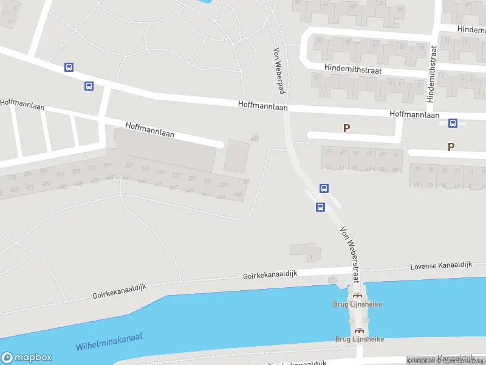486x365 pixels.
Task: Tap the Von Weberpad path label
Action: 279,67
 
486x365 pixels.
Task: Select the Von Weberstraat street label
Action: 351,253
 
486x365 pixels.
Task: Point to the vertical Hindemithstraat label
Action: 433,72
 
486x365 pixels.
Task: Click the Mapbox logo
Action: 27,358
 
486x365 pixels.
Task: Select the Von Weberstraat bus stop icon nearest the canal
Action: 320,207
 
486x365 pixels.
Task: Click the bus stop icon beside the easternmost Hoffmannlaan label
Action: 453,123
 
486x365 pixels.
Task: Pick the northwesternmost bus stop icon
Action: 69,68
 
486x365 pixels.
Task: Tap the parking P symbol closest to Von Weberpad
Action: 346,128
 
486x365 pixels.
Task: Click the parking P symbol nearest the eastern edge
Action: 451,147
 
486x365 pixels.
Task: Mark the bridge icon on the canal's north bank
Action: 357,294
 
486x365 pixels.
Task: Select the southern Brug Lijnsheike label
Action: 359,339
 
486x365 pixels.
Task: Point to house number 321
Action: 129,165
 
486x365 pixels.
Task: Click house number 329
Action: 192,178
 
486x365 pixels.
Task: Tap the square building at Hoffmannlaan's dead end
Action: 237,156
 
